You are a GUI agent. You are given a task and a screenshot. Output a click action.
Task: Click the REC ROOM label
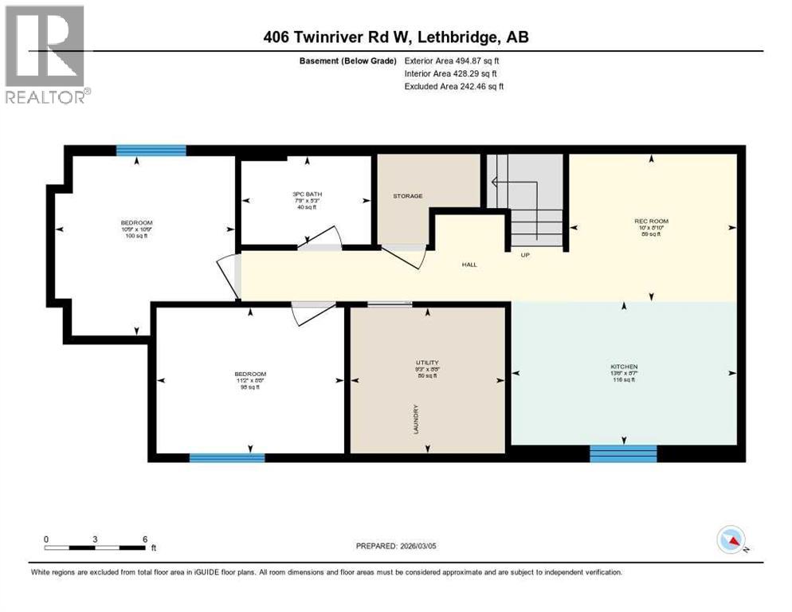pyautogui.click(x=651, y=221)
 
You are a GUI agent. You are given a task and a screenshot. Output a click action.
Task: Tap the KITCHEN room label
pyautogui.click(x=625, y=367)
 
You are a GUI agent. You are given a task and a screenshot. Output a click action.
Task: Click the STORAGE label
pyautogui.click(x=407, y=196)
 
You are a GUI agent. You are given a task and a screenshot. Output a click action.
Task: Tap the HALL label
pyautogui.click(x=469, y=265)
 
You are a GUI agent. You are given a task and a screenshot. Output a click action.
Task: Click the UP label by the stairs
pyautogui.click(x=524, y=256)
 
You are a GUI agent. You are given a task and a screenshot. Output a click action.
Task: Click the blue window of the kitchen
pyautogui.click(x=623, y=453)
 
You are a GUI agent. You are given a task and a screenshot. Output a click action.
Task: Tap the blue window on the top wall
pyautogui.click(x=151, y=150)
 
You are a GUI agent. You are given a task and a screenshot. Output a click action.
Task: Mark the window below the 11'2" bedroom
pyautogui.click(x=226, y=457)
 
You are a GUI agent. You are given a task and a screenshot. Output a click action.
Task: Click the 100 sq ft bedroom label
pyautogui.click(x=136, y=223)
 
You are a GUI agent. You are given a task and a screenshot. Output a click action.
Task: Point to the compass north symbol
pyautogui.click(x=731, y=539)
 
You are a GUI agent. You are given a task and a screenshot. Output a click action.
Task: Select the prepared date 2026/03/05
pyautogui.click(x=397, y=546)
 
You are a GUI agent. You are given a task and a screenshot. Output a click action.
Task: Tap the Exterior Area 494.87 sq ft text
pyautogui.click(x=454, y=61)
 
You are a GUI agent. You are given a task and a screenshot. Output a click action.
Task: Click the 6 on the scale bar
pyautogui.click(x=144, y=539)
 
